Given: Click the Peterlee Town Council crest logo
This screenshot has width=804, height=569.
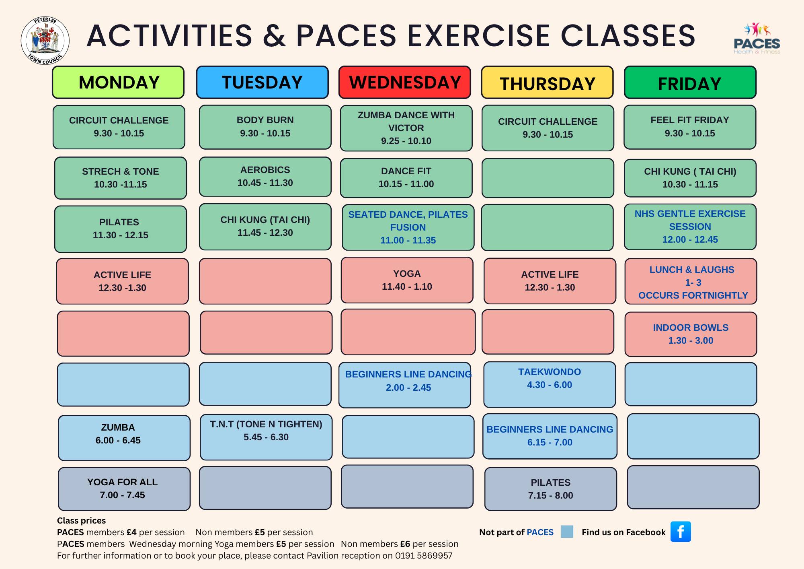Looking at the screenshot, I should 45,41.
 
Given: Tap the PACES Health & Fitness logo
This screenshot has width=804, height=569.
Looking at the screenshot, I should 757,39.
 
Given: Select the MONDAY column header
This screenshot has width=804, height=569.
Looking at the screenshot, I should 118,82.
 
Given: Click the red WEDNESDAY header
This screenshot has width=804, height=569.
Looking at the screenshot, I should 404,82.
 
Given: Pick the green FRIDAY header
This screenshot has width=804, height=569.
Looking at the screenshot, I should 690,82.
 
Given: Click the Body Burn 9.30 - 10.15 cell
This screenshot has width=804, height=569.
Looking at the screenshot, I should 265,127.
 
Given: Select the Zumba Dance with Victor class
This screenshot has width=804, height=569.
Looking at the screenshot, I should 406,128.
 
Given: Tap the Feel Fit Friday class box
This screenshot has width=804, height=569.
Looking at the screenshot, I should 690,127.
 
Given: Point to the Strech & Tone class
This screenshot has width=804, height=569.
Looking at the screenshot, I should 120,178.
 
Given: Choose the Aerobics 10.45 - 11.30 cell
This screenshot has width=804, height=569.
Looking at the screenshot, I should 265,176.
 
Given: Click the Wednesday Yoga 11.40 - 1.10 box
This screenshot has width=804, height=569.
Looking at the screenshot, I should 407,280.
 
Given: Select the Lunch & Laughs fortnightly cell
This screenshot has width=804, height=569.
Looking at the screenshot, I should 691,282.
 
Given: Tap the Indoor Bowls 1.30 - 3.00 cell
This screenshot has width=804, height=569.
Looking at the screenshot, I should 691,334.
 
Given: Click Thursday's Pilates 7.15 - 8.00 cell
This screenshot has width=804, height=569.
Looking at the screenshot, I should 550,489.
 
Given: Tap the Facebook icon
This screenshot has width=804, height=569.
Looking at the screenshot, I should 681,532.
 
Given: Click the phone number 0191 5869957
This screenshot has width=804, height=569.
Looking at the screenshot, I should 424,556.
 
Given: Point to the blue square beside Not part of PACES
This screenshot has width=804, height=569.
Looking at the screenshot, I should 567,532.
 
